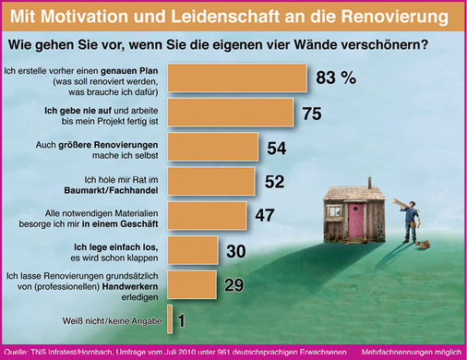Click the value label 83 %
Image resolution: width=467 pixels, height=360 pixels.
coord(335,79)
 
